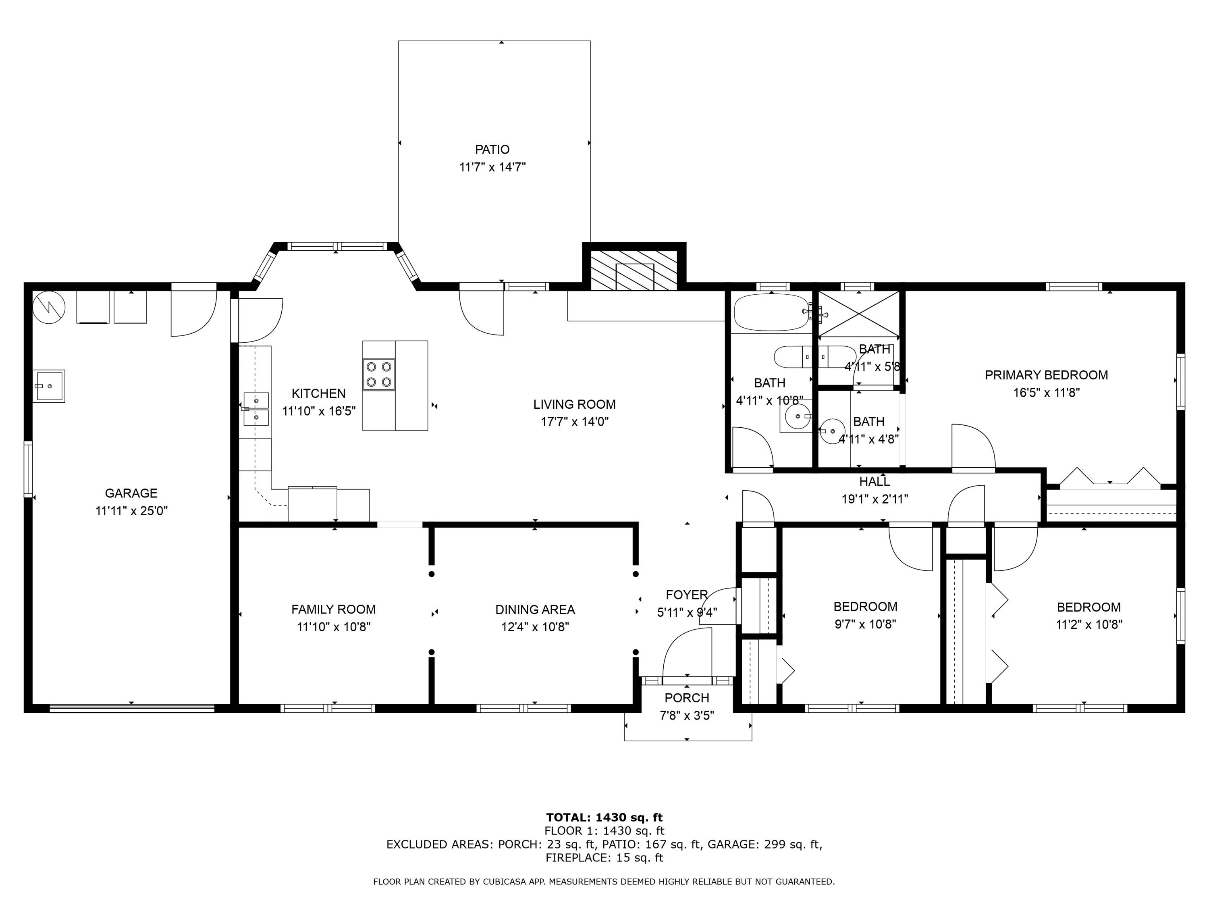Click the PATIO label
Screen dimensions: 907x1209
click(492, 149)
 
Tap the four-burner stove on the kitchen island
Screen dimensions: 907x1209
click(379, 374)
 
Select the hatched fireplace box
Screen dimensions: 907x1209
click(634, 270)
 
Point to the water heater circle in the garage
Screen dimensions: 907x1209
click(49, 307)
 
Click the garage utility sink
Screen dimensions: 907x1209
click(49, 386)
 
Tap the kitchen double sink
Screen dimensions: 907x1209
click(256, 409)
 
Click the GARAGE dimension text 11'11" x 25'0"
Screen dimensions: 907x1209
click(131, 511)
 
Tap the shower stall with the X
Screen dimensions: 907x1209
click(858, 313)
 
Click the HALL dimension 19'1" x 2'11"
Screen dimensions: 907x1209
click(875, 499)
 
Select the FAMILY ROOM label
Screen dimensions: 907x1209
click(333, 609)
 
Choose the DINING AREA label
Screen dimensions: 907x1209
click(534, 609)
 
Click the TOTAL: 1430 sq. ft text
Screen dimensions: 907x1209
click(604, 818)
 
